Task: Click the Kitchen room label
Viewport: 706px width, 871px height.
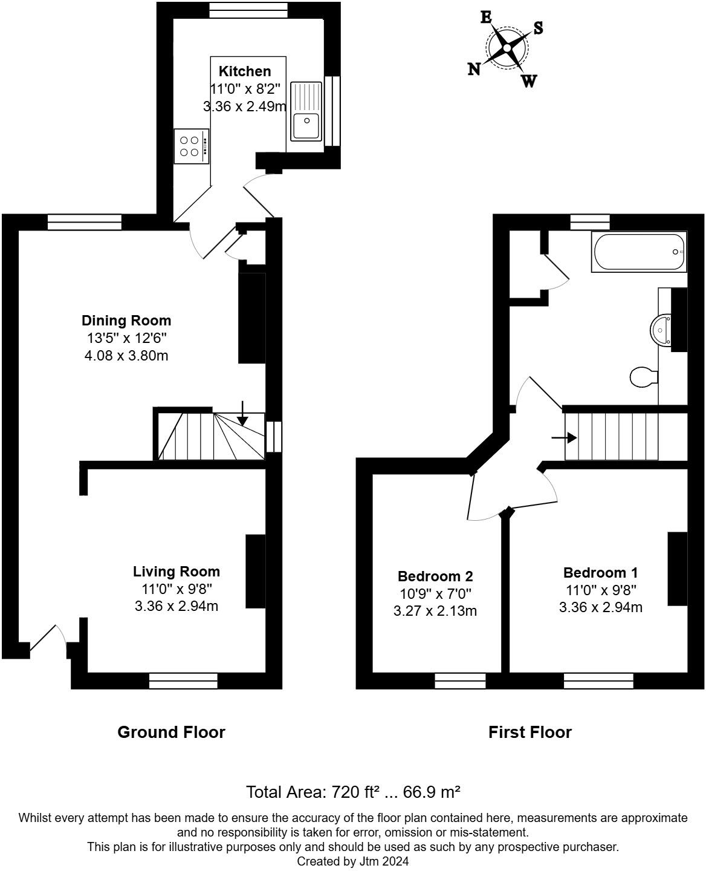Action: pos(244,71)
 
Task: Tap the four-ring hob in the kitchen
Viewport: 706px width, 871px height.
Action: pos(191,146)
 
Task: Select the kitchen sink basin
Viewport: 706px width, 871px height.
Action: pos(306,125)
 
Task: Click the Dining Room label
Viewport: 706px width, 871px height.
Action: pos(126,321)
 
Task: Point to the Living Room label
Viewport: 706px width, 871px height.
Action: pos(176,572)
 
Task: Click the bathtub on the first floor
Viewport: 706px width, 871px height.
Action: pos(640,252)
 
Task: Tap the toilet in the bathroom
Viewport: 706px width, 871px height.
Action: pos(643,377)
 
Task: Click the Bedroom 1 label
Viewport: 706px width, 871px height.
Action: pos(600,573)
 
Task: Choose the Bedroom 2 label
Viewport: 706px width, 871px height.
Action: pos(435,576)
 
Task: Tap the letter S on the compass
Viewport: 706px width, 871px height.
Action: pos(538,28)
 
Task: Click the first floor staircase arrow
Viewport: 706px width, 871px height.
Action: pos(563,435)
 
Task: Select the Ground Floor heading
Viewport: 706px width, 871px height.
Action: pos(171,732)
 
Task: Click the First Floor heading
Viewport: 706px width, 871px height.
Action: pos(530,732)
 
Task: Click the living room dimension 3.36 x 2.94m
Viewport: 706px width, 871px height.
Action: pos(176,605)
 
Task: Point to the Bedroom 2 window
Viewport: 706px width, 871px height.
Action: pos(460,681)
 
